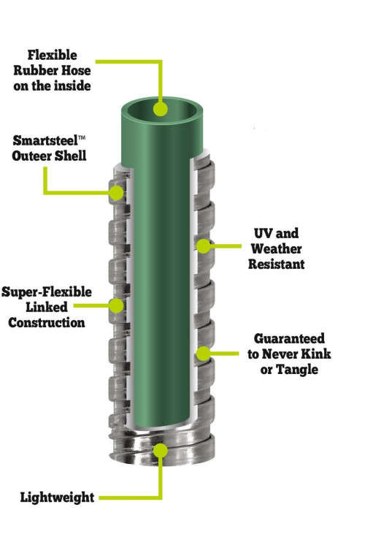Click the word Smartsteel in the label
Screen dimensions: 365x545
click(45, 141)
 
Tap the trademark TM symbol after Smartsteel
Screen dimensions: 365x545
click(82, 137)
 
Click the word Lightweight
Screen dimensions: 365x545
click(57, 498)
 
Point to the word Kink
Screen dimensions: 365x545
click(315, 354)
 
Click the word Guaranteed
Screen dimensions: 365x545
click(289, 338)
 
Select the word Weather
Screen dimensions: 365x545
click(276, 248)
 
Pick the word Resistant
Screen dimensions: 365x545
click(276, 264)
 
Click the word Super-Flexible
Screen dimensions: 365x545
click(47, 292)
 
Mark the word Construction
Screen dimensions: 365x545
click(47, 323)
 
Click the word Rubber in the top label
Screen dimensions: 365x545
click(34, 71)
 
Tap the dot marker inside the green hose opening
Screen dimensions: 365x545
click(160, 109)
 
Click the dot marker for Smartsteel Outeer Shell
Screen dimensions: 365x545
click(116, 193)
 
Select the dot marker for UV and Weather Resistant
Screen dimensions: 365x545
click(203, 246)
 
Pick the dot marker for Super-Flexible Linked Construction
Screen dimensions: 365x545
click(116, 305)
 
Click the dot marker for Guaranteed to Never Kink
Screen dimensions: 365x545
click(204, 354)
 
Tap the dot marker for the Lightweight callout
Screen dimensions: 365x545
click(160, 451)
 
